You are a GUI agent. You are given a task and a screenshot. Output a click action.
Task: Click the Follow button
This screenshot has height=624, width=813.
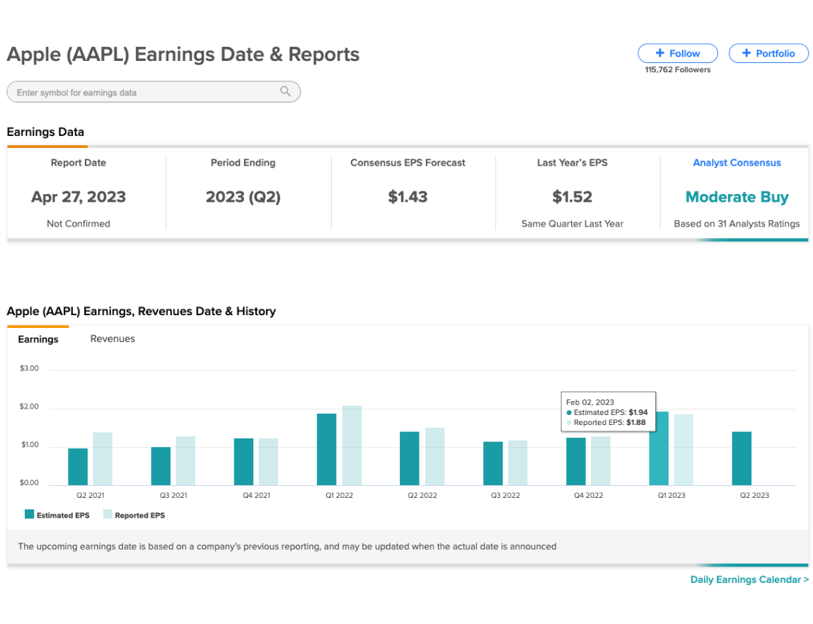click(x=678, y=53)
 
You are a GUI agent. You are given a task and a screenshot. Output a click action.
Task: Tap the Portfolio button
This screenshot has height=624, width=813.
click(x=768, y=53)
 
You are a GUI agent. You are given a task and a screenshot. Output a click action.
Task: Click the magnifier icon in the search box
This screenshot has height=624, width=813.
click(x=285, y=91)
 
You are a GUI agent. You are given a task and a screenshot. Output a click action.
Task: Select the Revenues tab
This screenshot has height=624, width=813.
click(x=113, y=339)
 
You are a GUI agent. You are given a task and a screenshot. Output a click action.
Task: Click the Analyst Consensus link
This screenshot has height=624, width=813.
click(x=737, y=163)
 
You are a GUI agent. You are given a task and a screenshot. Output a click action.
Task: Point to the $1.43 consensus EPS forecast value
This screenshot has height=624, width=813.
click(x=408, y=197)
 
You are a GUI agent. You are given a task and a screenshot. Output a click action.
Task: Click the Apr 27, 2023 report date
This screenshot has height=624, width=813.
click(x=79, y=198)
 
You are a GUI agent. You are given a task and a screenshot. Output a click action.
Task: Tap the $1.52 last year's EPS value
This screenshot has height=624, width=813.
click(x=572, y=197)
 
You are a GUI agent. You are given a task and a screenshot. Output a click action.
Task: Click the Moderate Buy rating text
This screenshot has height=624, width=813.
click(x=737, y=198)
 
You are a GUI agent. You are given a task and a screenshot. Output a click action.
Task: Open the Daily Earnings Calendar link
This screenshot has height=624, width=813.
click(x=749, y=580)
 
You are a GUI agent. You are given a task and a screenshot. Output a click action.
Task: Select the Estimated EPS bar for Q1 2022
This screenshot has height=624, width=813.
click(x=327, y=450)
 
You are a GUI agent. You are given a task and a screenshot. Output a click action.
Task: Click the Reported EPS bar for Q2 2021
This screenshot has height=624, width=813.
click(x=103, y=459)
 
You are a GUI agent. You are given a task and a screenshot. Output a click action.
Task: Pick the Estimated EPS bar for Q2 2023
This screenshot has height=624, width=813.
click(x=742, y=458)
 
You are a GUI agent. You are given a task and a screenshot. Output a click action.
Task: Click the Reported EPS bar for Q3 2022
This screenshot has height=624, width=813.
click(x=517, y=463)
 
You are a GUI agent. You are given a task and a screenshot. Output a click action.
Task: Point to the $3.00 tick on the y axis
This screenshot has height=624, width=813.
click(x=29, y=368)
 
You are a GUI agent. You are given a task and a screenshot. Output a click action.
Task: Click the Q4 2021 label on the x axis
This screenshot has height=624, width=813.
click(x=257, y=495)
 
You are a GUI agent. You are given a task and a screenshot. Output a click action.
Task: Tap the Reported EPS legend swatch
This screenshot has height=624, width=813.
click(x=108, y=514)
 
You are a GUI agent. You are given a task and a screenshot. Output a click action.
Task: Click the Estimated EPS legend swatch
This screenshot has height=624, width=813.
click(x=30, y=514)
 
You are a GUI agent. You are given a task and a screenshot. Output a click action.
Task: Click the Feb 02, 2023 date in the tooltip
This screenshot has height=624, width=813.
click(x=590, y=402)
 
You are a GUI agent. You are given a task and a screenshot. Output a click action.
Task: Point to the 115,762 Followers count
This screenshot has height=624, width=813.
click(x=678, y=69)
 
